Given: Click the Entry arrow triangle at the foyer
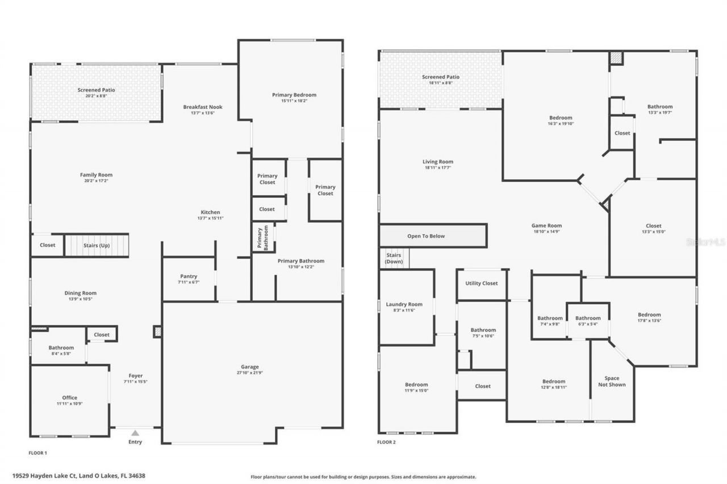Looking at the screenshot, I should [135, 433].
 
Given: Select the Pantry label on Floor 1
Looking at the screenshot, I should [189, 276].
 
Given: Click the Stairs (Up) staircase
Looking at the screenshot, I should [97, 246].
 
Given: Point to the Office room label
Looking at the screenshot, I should [69, 398].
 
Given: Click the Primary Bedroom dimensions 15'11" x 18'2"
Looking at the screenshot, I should [294, 101].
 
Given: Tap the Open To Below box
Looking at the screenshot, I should [426, 236].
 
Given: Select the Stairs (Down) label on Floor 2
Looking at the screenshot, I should [393, 258].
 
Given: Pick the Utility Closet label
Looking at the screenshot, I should [481, 283].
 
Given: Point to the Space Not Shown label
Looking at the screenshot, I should [612, 381].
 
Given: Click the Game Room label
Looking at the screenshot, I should [547, 226].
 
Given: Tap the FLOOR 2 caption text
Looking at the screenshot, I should [386, 442].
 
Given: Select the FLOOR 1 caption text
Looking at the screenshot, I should [37, 453].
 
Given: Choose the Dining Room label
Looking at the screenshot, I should [80, 293].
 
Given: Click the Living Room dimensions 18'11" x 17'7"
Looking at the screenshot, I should [437, 168].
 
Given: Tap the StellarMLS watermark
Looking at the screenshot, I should [705, 242].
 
